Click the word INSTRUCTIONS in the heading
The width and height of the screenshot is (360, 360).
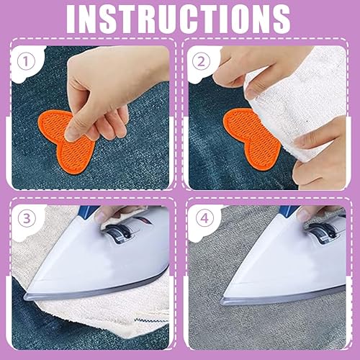(x=178, y=19)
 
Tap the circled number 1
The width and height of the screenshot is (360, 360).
(x=26, y=61)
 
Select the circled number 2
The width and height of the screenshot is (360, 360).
(x=201, y=61)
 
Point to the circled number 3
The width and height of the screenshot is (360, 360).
(x=27, y=219)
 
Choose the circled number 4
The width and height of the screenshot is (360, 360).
(x=204, y=219)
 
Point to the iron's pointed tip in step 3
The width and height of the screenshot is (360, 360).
(x=24, y=297)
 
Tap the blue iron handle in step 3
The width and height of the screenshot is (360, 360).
(x=88, y=210)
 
